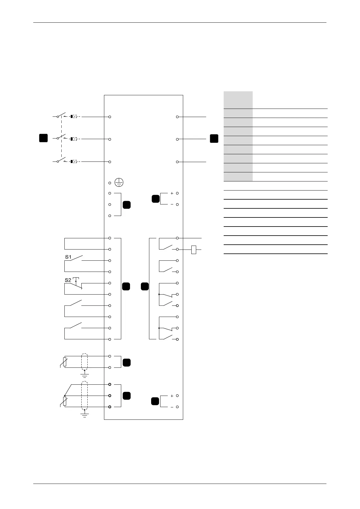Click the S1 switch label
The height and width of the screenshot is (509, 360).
pyautogui.click(x=68, y=257)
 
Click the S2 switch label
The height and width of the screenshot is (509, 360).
pyautogui.click(x=68, y=280)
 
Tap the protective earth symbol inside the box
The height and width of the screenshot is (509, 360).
pyautogui.click(x=119, y=182)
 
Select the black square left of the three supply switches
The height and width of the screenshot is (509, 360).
pyautogui.click(x=44, y=138)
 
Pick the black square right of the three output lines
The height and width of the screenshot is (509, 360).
pyautogui.click(x=214, y=139)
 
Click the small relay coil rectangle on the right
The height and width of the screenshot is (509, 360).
pyautogui.click(x=194, y=250)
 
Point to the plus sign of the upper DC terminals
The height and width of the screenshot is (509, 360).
pyautogui.click(x=172, y=193)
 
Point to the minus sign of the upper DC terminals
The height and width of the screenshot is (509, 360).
pyautogui.click(x=172, y=204)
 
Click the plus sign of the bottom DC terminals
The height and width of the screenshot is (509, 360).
pyautogui.click(x=172, y=396)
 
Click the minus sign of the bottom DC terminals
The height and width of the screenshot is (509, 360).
pyautogui.click(x=172, y=407)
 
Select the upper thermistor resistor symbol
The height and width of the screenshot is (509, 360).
pyautogui.click(x=65, y=362)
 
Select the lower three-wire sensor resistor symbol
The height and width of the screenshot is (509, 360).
pyautogui.click(x=65, y=401)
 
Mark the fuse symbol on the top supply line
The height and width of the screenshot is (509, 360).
pyautogui.click(x=74, y=116)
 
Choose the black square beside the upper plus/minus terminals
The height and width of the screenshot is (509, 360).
pyautogui.click(x=155, y=199)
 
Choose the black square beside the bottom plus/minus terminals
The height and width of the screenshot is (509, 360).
pyautogui.click(x=155, y=402)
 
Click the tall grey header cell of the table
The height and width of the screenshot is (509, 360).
pyautogui.click(x=238, y=100)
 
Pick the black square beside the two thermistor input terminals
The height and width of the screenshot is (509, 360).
pyautogui.click(x=127, y=362)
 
